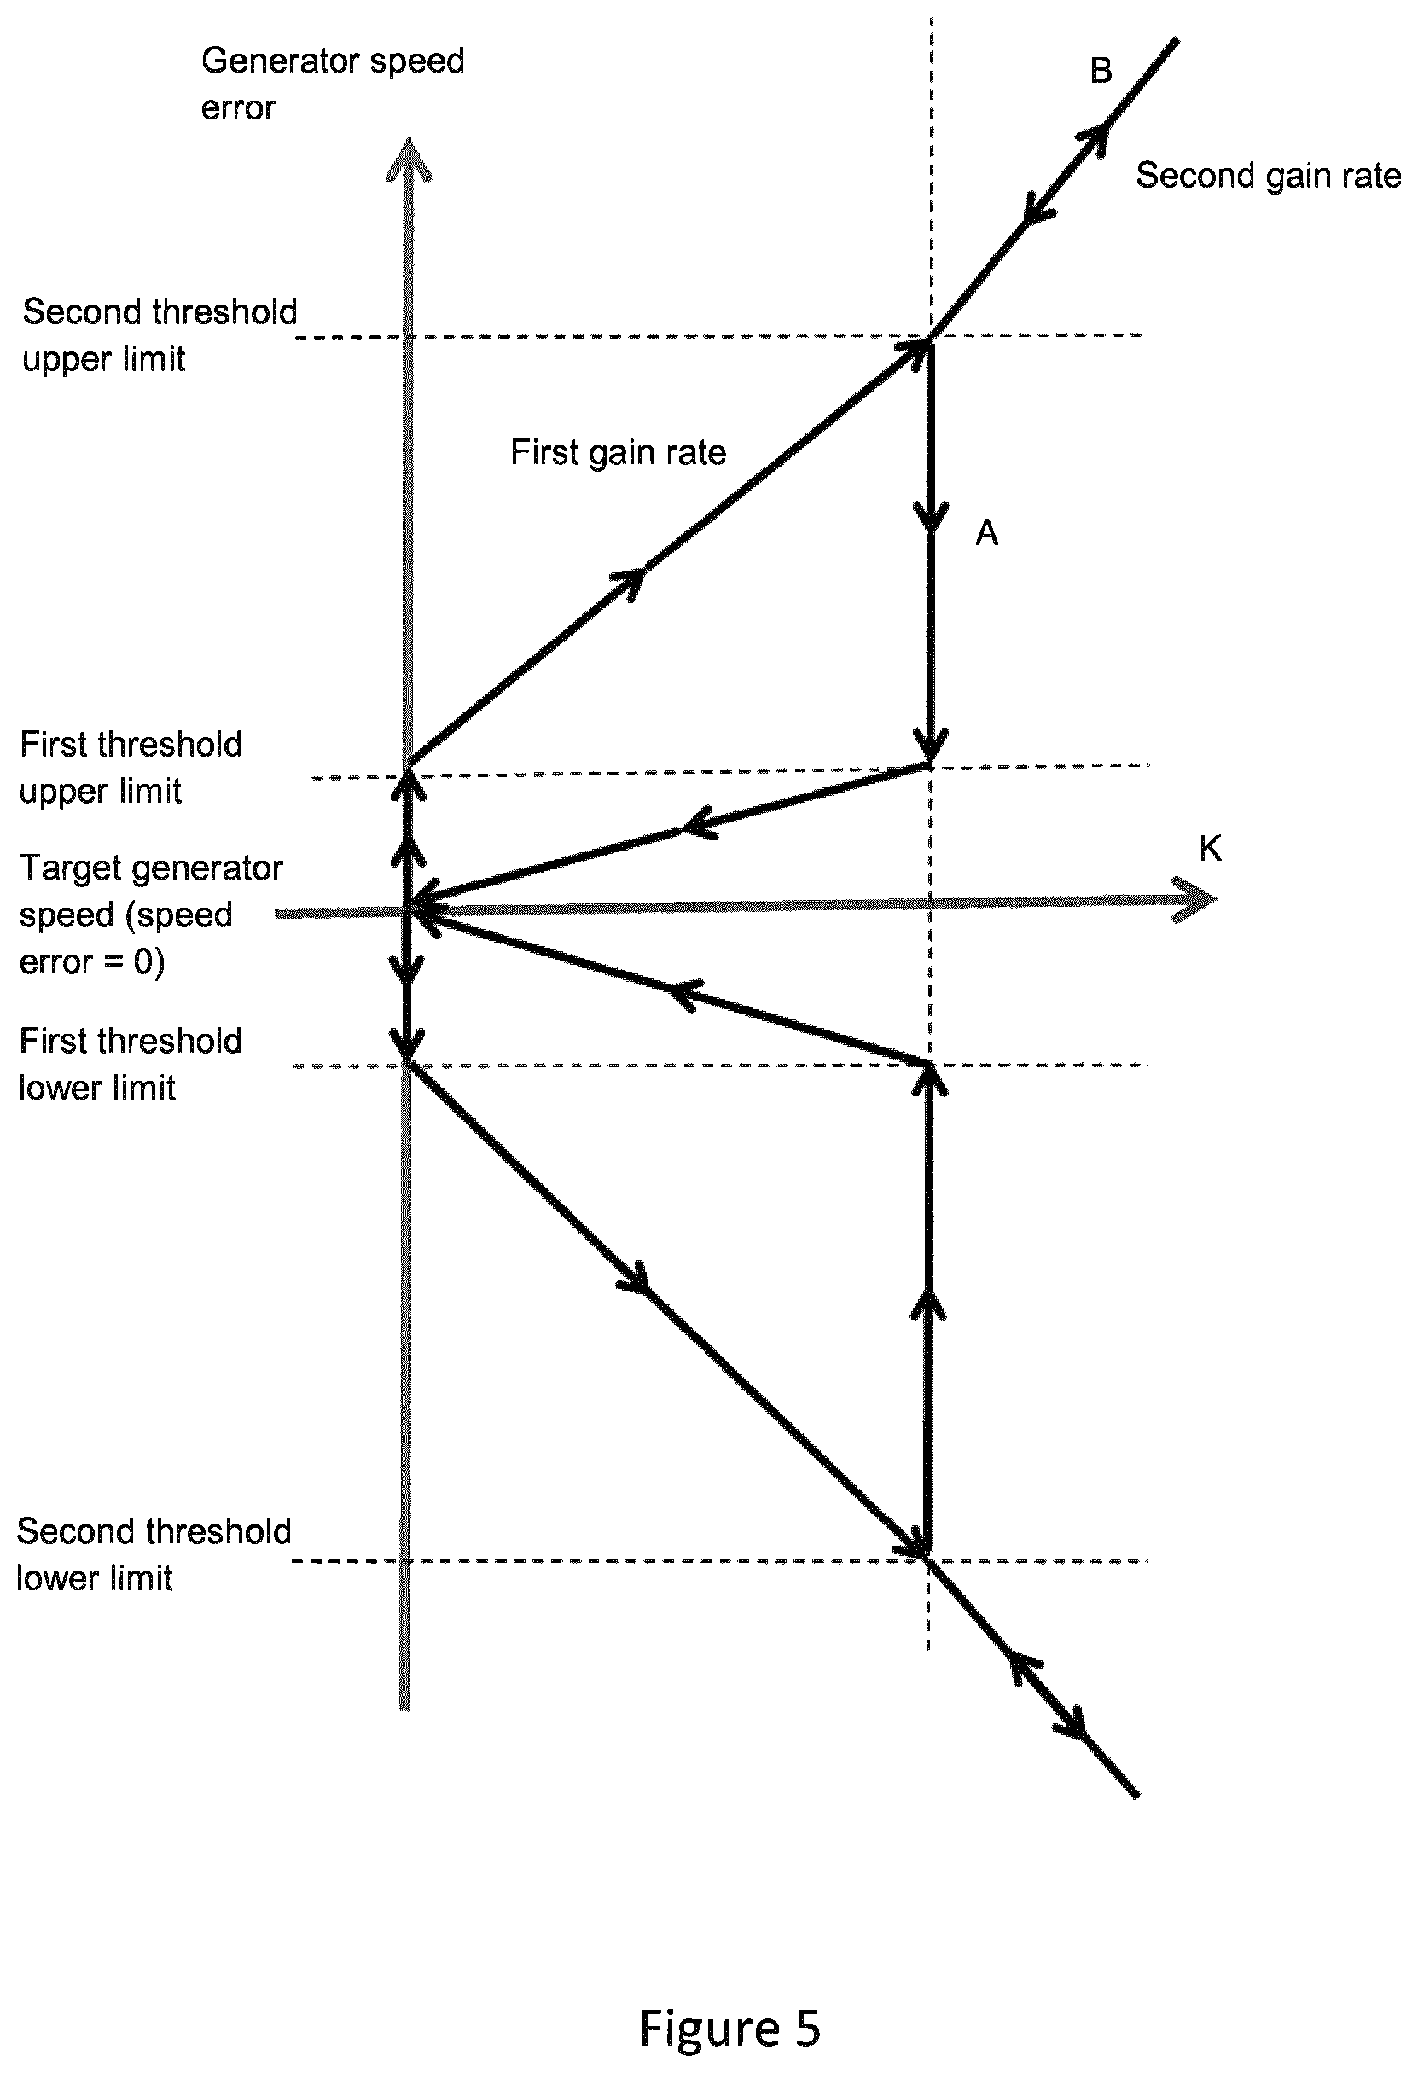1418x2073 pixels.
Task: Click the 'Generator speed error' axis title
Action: coord(333,84)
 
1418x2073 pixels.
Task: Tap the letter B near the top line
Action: coord(1101,71)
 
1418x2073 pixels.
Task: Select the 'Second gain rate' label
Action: coord(1268,176)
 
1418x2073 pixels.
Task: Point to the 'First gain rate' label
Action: coord(618,452)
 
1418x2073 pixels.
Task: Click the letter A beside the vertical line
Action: coord(986,532)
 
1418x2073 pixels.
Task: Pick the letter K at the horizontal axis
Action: coord(1210,848)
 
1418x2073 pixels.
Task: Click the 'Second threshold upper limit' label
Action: coord(160,335)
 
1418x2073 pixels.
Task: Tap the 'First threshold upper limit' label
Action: coord(131,767)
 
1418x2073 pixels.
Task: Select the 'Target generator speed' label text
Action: coord(151,891)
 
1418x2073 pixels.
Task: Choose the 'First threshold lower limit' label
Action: coord(131,1063)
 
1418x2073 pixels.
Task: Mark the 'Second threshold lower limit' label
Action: coord(154,1553)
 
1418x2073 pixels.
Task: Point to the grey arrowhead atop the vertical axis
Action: coord(409,160)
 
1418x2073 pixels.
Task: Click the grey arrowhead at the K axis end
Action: coord(1195,899)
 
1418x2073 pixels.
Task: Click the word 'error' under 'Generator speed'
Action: coord(238,109)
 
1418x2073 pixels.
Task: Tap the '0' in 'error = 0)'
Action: coord(143,961)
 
